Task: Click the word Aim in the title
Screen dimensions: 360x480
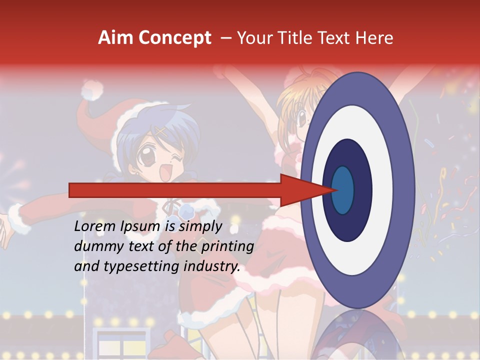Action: point(116,38)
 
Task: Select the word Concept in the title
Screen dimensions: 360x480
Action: point(175,38)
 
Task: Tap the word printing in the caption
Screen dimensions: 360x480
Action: point(227,246)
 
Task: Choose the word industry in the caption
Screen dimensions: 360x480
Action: point(212,266)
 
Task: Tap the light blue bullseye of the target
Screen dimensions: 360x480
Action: point(343,190)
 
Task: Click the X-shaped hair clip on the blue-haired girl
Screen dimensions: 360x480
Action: point(161,132)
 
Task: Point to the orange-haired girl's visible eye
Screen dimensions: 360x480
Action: point(302,118)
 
